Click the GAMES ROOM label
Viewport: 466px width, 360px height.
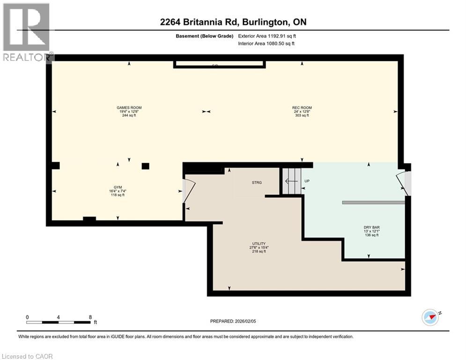[x=129, y=108]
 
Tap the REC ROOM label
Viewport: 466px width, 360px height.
[x=302, y=108]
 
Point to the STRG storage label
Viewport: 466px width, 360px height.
[x=256, y=182]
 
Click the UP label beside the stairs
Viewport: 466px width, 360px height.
[x=307, y=181]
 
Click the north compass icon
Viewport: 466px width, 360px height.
[x=430, y=318]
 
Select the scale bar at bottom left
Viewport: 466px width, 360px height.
[x=58, y=322]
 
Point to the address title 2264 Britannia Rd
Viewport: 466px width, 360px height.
[x=233, y=22]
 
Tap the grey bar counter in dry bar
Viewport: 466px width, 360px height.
[x=373, y=202]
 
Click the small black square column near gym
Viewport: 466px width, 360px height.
[x=145, y=166]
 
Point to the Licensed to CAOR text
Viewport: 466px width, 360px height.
[x=27, y=356]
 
